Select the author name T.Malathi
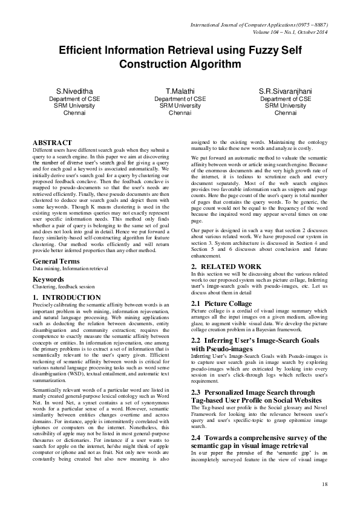pos(180,91)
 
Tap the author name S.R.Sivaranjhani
pos(285,91)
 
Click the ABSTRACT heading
pos(52,143)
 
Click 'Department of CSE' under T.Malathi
pos(180,99)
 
